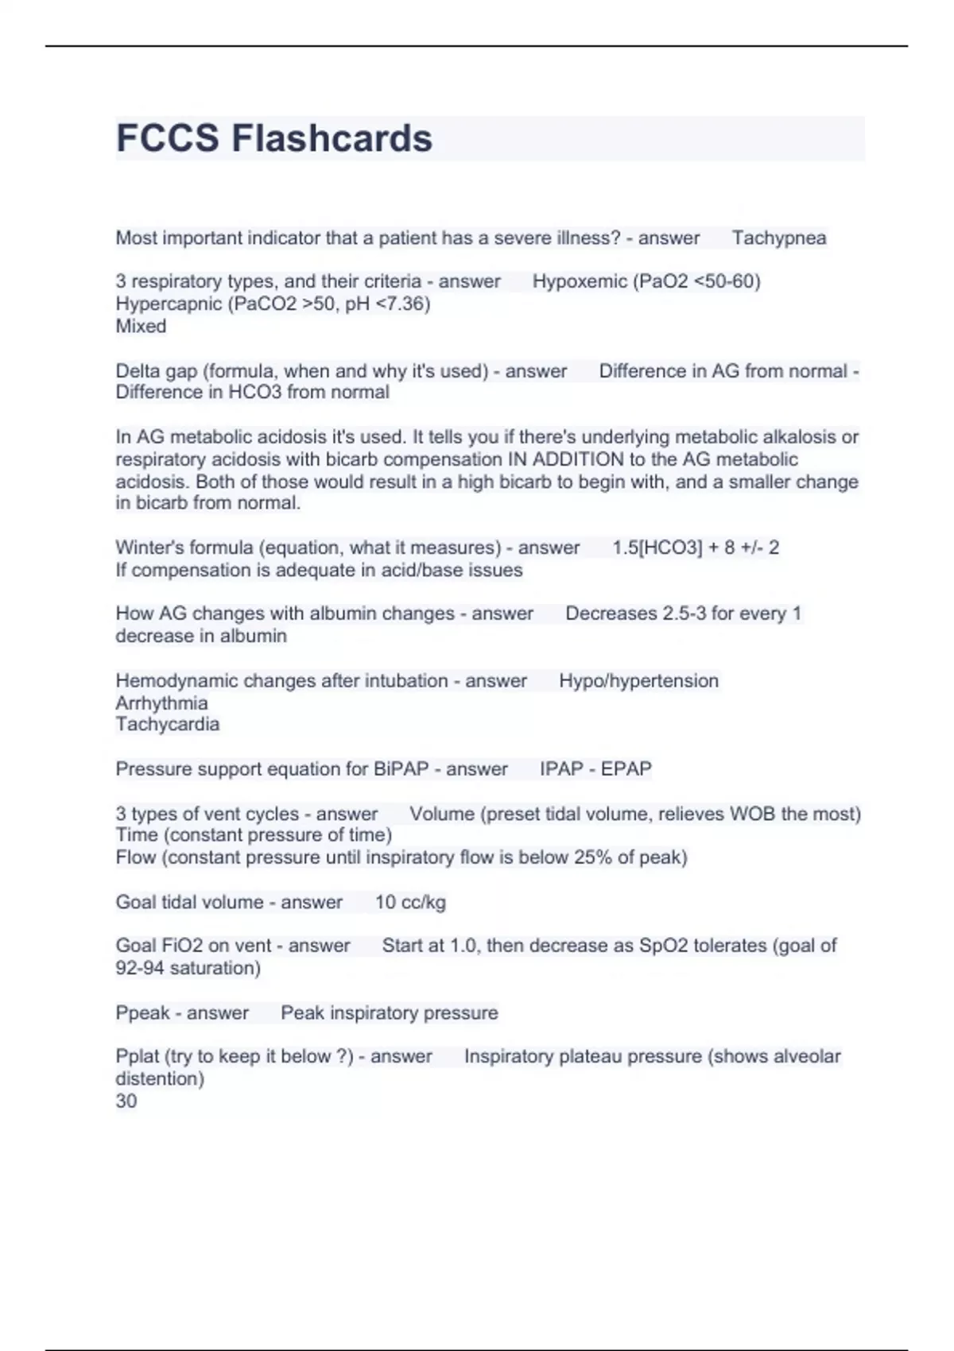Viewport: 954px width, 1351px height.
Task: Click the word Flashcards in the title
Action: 332,138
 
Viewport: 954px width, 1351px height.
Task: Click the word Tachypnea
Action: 778,238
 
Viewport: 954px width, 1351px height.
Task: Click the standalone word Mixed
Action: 141,326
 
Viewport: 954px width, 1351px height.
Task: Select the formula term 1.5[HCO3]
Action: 657,548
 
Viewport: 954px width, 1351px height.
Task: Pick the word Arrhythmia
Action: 161,703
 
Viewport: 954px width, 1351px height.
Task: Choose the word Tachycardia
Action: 167,724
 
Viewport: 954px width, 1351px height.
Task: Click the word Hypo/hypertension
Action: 638,681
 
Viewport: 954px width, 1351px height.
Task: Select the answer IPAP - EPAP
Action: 595,769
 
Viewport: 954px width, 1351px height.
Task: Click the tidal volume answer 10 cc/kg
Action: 410,902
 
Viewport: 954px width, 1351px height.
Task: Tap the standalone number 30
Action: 126,1101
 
